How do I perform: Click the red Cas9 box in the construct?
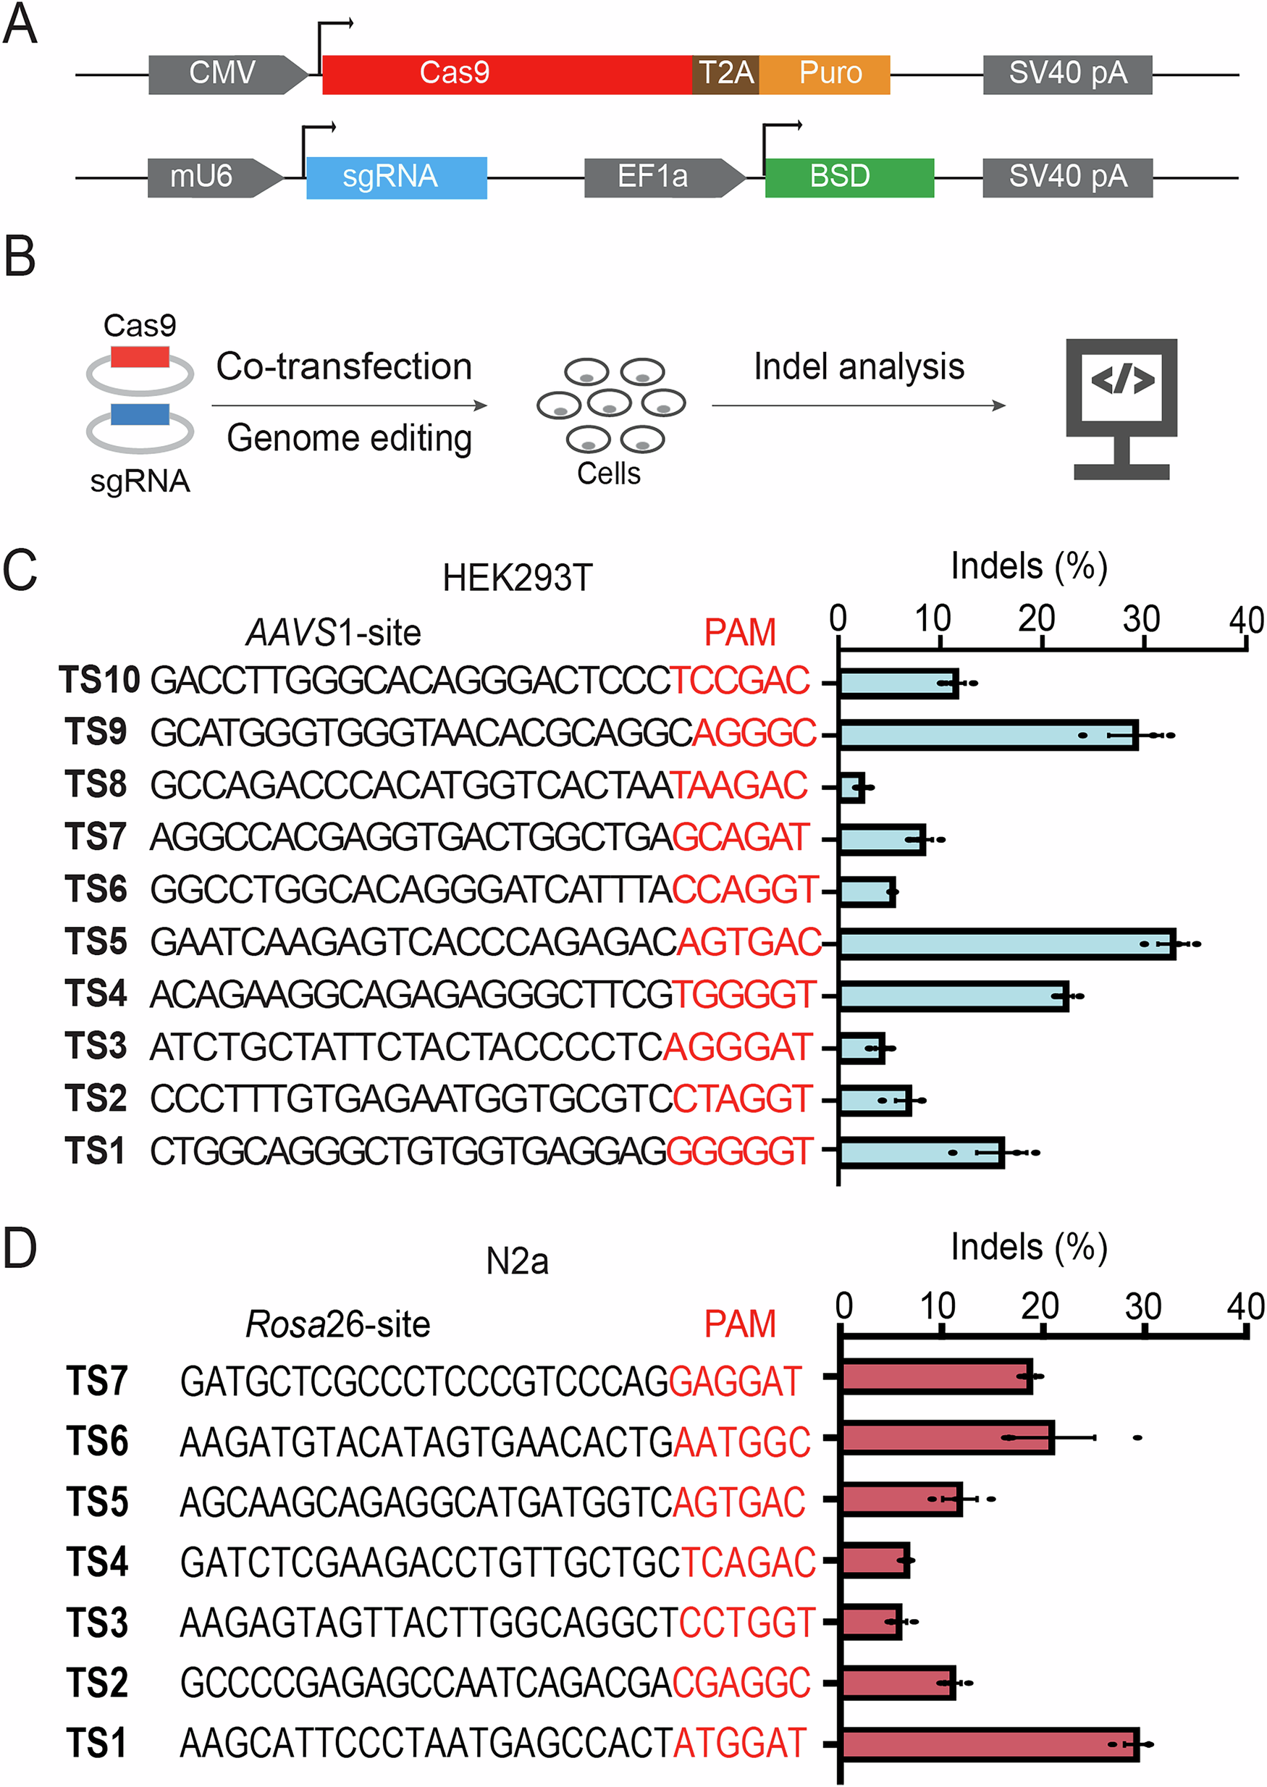coord(507,74)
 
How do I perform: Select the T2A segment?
coord(725,74)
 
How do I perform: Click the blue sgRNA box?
coord(396,177)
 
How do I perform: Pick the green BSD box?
coord(849,177)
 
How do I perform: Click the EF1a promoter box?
coord(660,177)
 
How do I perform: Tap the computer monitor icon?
coord(1121,406)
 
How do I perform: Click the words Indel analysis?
coord(858,366)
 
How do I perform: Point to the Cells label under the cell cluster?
coord(609,474)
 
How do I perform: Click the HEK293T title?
coord(517,578)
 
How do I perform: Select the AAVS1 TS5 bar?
coord(1006,943)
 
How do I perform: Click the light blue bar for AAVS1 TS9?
coord(988,735)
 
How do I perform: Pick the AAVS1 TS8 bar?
coord(851,787)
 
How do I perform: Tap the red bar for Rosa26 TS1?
coord(989,1744)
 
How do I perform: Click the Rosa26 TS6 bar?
coord(947,1437)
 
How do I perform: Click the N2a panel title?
coord(516,1261)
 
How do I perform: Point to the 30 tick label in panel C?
coord(1140,620)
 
